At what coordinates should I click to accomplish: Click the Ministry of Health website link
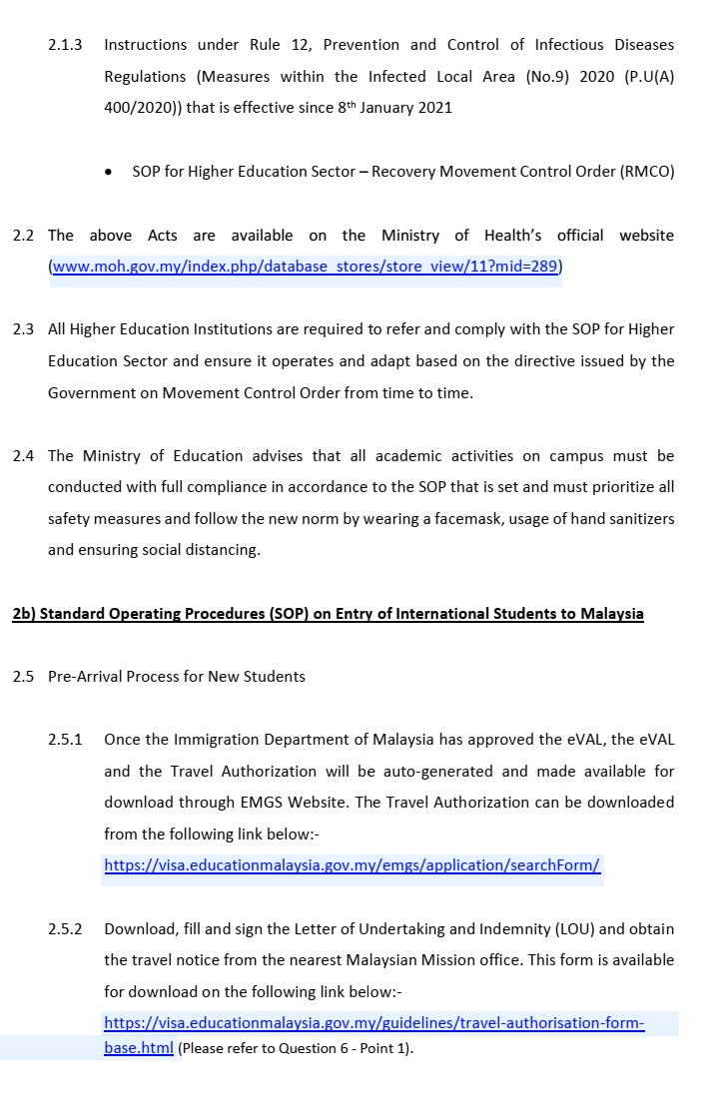(x=305, y=267)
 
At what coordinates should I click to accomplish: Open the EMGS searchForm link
(x=352, y=865)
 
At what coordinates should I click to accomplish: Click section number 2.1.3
(x=65, y=45)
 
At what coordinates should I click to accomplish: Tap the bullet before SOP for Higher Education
(x=108, y=173)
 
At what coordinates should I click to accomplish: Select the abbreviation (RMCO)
(x=647, y=172)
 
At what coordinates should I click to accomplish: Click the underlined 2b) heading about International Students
(x=328, y=614)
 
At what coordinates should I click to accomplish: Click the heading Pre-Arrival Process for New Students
(x=177, y=677)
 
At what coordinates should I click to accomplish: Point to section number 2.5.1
(x=65, y=740)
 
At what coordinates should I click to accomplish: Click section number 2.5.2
(x=65, y=929)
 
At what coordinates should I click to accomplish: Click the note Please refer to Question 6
(x=296, y=1049)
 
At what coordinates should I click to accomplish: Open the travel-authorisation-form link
(x=374, y=1023)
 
